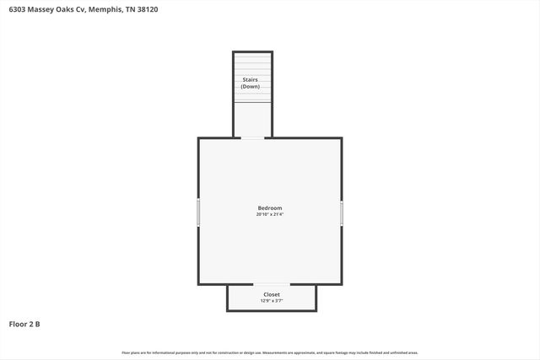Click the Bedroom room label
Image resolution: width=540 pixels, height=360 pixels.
pyautogui.click(x=270, y=208)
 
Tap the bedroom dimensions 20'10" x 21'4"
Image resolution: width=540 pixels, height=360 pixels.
pyautogui.click(x=270, y=215)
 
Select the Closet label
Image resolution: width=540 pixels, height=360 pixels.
pyautogui.click(x=271, y=294)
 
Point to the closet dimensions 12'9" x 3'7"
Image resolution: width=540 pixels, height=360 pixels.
pyautogui.click(x=271, y=301)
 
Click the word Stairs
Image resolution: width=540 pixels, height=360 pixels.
pyautogui.click(x=251, y=80)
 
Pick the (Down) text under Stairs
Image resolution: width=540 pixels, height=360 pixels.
pyautogui.click(x=251, y=87)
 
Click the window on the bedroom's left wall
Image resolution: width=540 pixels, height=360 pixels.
pyautogui.click(x=199, y=212)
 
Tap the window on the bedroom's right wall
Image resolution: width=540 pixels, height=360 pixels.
pyautogui.click(x=342, y=212)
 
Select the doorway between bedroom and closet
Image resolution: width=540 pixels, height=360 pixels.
pyautogui.click(x=271, y=284)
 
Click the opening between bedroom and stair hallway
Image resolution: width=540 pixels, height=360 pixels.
pyautogui.click(x=252, y=137)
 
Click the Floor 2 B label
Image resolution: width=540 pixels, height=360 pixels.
pyautogui.click(x=24, y=323)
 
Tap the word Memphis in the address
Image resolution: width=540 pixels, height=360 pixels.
pyautogui.click(x=102, y=9)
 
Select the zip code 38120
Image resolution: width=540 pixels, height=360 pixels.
pyautogui.click(x=145, y=9)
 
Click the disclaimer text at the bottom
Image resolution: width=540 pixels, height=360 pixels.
pyautogui.click(x=270, y=352)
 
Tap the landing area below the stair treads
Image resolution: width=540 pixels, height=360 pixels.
pyautogui.click(x=252, y=119)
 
